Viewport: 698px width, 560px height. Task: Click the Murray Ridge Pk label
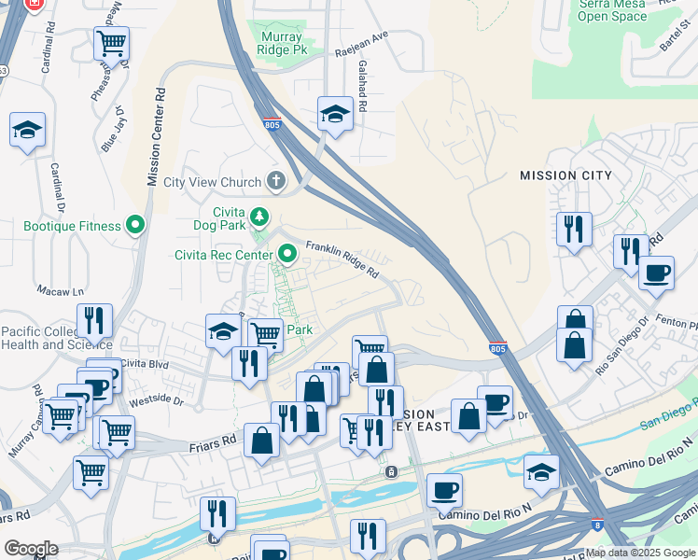(280, 40)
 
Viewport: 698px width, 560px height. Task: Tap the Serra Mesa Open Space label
(612, 10)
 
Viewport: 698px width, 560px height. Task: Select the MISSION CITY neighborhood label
(565, 175)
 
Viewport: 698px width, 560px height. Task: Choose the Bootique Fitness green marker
(136, 225)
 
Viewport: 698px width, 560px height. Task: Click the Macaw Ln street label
(54, 292)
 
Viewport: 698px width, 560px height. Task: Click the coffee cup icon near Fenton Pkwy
(656, 273)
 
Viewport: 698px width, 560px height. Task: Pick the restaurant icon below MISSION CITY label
(574, 229)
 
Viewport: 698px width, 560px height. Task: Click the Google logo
(31, 549)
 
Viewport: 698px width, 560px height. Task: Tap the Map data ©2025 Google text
(640, 553)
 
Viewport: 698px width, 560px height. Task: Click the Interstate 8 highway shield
(595, 527)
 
